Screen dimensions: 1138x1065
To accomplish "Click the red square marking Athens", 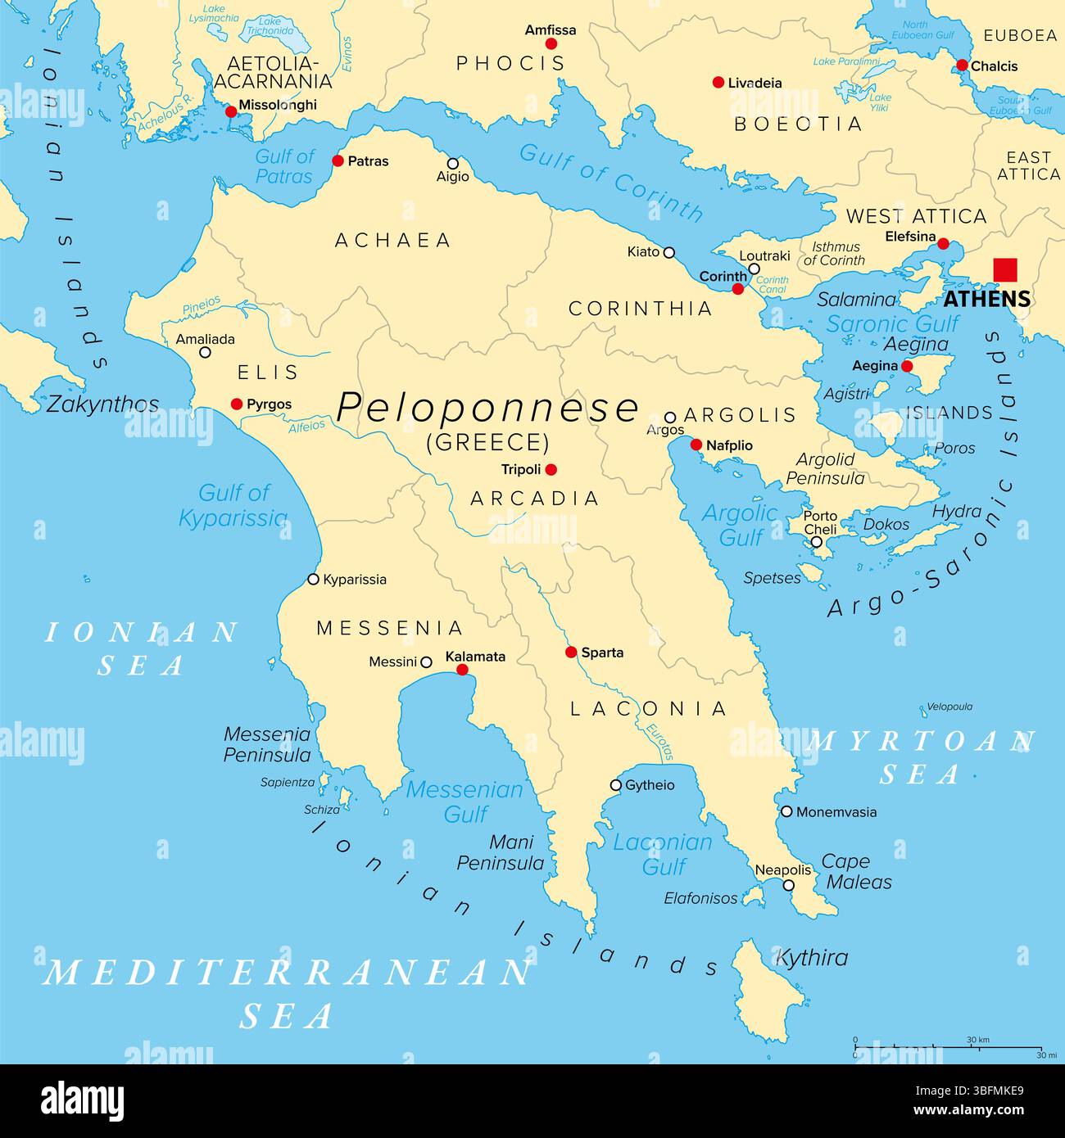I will (x=1004, y=270).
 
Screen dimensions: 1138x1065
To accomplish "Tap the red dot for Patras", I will (x=338, y=161).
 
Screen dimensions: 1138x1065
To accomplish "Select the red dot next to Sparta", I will (x=571, y=653).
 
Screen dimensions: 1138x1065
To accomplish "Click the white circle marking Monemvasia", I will (x=786, y=812).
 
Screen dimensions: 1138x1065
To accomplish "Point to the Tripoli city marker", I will (x=551, y=469).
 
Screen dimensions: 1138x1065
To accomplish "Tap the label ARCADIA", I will (x=534, y=499).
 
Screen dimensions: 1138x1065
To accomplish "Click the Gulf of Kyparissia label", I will (x=233, y=505).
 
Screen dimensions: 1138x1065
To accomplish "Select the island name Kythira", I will (x=811, y=957).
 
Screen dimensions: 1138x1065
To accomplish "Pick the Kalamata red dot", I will (x=462, y=670).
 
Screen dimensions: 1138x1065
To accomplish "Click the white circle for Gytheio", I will (x=616, y=785).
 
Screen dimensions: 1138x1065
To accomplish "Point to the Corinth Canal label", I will (x=772, y=285).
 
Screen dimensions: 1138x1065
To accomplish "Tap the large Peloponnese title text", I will (x=487, y=407).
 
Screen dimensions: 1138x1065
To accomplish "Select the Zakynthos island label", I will (x=102, y=404).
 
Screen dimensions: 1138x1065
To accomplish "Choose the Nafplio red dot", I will (x=696, y=445).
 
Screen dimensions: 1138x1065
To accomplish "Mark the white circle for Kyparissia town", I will (x=313, y=580).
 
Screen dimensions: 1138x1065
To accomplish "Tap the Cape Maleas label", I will (x=857, y=872).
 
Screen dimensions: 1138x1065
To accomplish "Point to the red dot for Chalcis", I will (x=962, y=65).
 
